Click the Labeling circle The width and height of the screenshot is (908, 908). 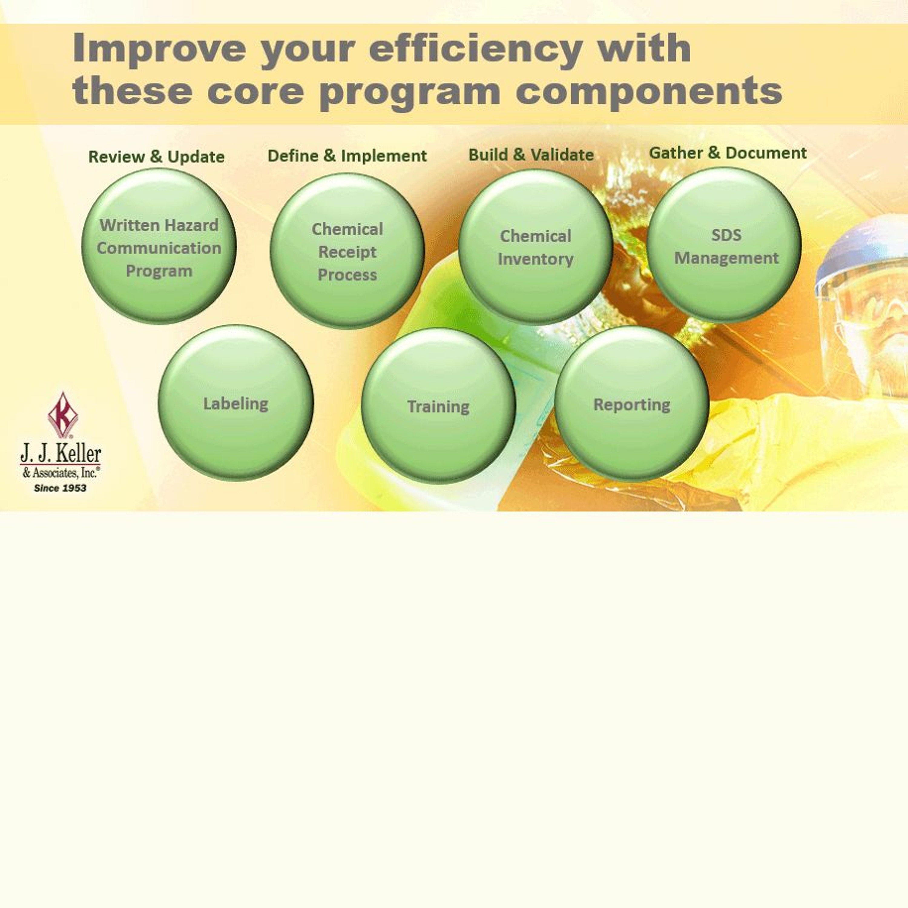point(235,403)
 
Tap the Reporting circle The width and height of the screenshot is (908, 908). point(632,404)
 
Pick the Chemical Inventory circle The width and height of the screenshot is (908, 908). point(535,247)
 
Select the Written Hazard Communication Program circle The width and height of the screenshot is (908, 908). point(159,246)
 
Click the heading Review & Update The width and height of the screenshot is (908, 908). point(156,156)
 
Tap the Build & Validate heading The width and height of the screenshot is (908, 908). point(531,155)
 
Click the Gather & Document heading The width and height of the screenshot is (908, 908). point(728,153)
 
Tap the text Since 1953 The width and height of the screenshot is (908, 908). point(60,488)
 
